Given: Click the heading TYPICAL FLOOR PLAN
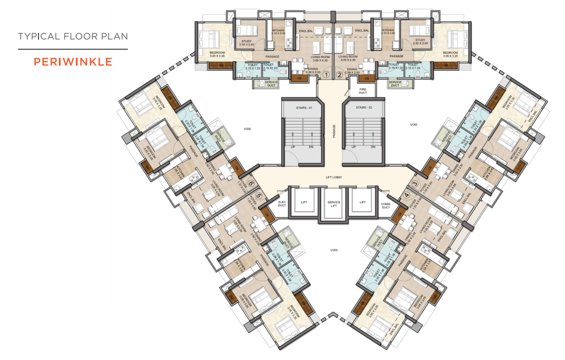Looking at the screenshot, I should click(x=72, y=37).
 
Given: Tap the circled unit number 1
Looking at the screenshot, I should click(x=327, y=74).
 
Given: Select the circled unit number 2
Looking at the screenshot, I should click(x=339, y=74).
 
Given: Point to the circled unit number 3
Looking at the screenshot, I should click(x=414, y=183).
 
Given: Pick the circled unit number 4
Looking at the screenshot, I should click(x=406, y=196).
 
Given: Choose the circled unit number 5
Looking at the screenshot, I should click(x=259, y=196).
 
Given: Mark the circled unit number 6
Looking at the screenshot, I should click(x=250, y=183).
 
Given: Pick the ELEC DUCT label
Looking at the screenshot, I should click(x=283, y=203).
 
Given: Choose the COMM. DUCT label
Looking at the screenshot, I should click(x=386, y=205).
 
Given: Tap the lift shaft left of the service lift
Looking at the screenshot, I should click(x=303, y=202).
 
